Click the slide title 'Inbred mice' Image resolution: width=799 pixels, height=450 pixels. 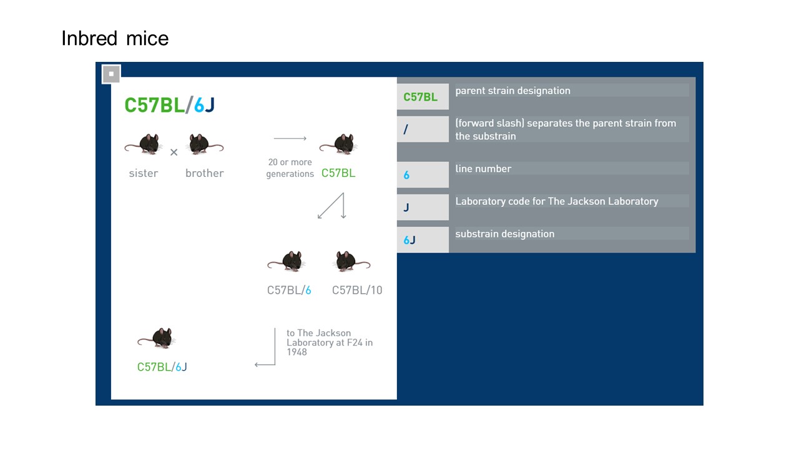pos(115,39)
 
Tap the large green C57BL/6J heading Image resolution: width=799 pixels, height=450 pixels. pos(170,105)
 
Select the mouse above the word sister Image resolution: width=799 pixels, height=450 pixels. pos(145,144)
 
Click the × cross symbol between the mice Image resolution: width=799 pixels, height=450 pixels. pos(174,152)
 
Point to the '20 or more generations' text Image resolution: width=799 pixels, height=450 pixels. pos(290,168)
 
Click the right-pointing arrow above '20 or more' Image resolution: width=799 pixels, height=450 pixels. pos(290,138)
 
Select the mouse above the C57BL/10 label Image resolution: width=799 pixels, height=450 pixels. pos(350,261)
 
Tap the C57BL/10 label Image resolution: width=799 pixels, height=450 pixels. pos(357,290)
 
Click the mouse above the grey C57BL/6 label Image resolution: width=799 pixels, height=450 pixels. pos(287,261)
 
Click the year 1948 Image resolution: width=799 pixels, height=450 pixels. pos(297,352)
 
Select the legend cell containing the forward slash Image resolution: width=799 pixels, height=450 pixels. pos(423,129)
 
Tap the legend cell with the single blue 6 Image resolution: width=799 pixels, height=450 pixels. pos(423,175)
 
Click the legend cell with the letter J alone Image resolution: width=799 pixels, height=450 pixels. pos(423,207)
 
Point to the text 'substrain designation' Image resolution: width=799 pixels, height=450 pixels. pos(505,234)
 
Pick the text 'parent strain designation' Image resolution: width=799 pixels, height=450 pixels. pos(512,91)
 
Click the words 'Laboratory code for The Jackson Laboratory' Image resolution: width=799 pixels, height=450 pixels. pos(557,201)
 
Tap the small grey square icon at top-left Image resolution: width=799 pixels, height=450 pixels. pos(111,74)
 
